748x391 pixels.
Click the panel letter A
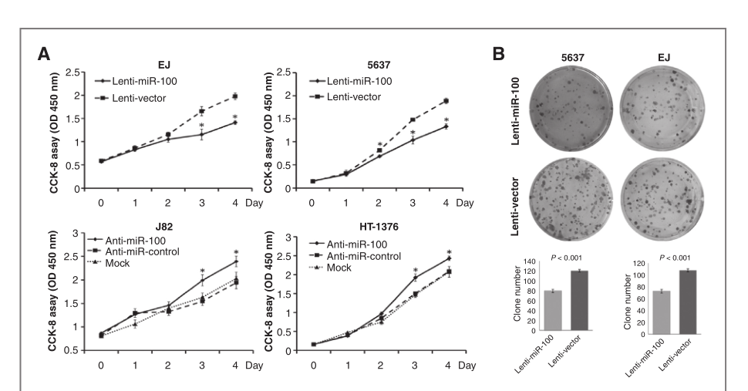pos(46,55)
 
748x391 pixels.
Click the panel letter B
pos(499,55)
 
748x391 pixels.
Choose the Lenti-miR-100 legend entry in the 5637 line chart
pos(357,80)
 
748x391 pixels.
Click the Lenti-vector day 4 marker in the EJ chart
pos(234,96)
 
